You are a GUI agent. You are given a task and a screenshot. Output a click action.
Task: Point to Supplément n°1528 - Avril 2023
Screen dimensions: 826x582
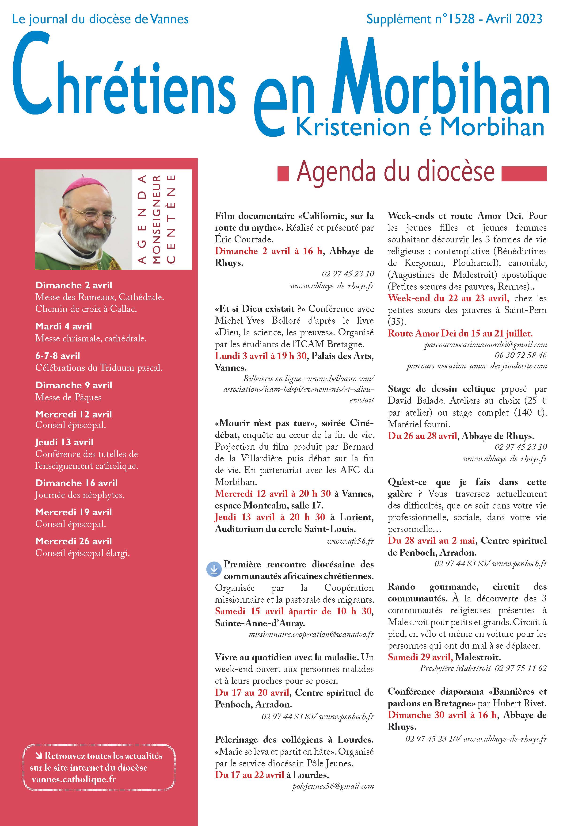click(454, 19)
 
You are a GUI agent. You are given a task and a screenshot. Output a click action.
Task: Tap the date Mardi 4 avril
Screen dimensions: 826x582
click(64, 326)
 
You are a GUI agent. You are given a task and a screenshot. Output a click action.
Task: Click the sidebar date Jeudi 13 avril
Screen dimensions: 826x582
click(64, 442)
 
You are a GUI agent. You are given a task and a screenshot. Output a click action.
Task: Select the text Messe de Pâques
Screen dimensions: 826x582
click(68, 397)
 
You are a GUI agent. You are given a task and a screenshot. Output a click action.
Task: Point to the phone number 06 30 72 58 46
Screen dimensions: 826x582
click(521, 356)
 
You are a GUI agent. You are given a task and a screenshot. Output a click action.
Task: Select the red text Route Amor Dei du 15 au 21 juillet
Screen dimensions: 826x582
click(460, 333)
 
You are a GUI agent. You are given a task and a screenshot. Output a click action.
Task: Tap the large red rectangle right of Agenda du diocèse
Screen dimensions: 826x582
click(524, 173)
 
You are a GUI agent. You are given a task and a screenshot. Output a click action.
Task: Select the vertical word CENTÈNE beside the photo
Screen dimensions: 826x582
click(171, 219)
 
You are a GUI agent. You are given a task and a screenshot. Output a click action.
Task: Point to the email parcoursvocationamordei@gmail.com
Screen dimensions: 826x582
click(486, 345)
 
